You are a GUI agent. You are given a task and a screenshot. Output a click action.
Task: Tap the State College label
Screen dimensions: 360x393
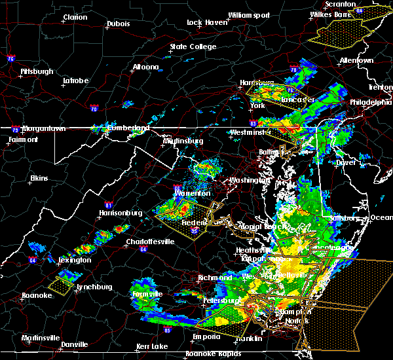(193, 46)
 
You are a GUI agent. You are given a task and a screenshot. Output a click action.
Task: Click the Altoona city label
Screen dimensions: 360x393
(145, 67)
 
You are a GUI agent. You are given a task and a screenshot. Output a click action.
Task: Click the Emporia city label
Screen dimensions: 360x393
(206, 337)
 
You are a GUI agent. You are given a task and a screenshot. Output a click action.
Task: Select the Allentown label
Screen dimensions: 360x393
(356, 60)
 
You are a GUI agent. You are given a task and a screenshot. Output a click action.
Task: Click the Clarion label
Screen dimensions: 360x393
(75, 17)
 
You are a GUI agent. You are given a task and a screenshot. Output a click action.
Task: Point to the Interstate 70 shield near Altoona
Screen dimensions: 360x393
(94, 108)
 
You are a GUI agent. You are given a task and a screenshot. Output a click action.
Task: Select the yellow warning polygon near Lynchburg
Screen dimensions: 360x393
(60, 285)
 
